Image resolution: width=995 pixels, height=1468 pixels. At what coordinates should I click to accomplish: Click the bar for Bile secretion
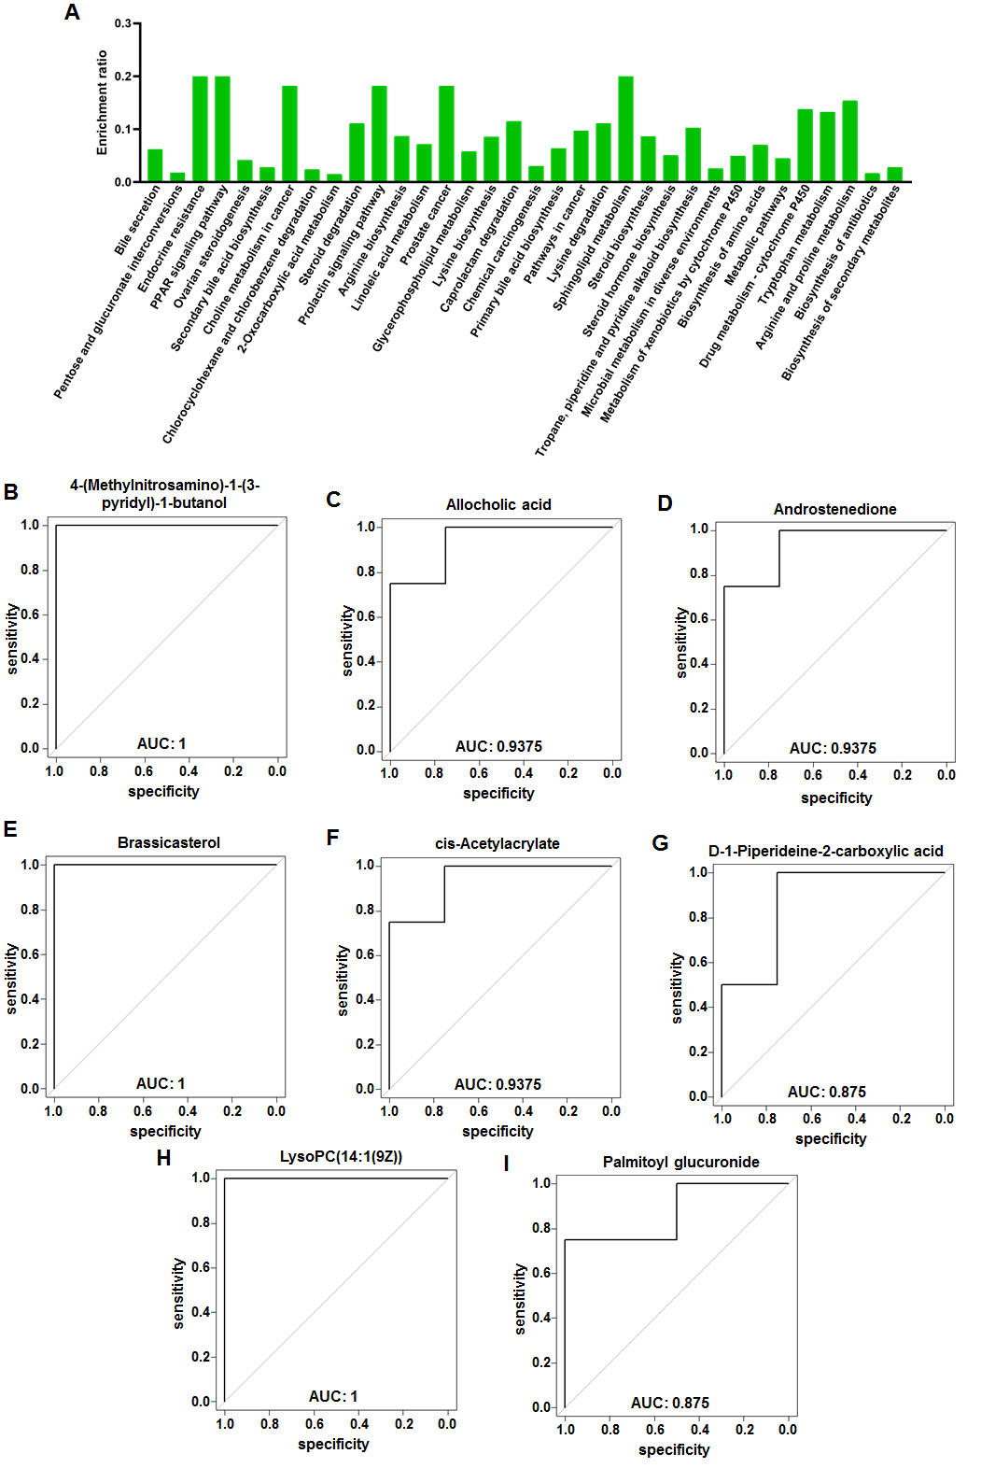click(155, 165)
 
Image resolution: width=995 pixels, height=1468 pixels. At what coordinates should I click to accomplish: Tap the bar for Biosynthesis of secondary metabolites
click(894, 175)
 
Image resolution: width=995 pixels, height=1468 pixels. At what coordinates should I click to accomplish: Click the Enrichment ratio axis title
click(102, 103)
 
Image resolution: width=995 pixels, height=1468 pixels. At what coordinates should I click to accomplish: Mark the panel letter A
click(72, 13)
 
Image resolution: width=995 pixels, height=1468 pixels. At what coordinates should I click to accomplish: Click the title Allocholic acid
click(498, 504)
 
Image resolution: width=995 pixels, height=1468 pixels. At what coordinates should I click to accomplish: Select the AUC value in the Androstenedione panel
click(833, 748)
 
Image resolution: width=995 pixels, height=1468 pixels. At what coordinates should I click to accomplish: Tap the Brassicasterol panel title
click(169, 842)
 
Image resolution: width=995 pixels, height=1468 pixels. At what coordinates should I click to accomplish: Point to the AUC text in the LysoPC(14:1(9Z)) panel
click(333, 1396)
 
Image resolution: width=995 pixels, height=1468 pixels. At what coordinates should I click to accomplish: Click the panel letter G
click(660, 843)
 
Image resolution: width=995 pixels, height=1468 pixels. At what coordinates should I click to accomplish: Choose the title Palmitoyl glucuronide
click(680, 1162)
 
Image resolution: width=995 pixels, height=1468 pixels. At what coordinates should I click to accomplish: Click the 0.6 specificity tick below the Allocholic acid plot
click(479, 773)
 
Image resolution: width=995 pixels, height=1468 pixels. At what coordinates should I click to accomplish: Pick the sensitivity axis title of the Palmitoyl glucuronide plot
click(521, 1299)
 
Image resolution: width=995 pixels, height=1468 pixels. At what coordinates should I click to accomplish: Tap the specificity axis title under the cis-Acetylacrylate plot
click(497, 1131)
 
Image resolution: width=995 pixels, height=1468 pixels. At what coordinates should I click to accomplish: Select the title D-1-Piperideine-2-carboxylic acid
click(825, 851)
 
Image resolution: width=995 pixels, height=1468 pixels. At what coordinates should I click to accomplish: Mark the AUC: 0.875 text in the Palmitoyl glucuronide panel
click(669, 1403)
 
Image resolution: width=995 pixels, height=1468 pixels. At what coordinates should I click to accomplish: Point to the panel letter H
click(163, 1158)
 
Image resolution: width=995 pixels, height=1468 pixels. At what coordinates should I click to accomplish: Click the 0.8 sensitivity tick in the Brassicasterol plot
click(30, 910)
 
